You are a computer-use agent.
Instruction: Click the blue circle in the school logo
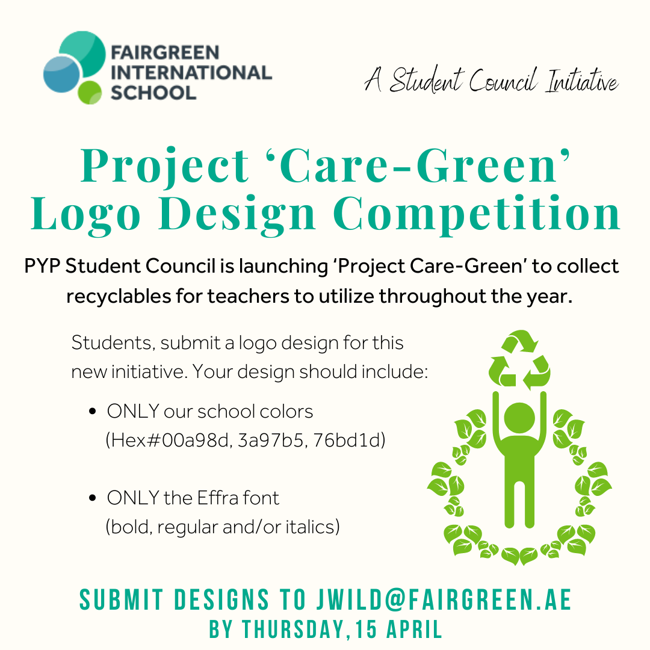click(61, 74)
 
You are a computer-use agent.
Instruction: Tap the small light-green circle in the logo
click(90, 93)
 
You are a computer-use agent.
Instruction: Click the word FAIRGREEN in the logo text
click(164, 52)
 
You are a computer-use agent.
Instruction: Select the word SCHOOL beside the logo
click(153, 93)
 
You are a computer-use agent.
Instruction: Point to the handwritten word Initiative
click(581, 81)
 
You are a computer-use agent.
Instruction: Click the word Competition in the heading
click(477, 214)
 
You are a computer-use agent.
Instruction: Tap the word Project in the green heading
click(164, 166)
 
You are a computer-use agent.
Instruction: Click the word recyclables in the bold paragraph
click(119, 297)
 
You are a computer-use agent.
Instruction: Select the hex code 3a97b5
click(271, 440)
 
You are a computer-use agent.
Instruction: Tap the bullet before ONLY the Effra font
click(93, 498)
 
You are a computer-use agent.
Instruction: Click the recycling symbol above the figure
click(519, 361)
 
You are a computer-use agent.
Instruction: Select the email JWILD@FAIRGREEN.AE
click(444, 599)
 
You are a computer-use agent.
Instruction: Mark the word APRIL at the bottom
click(415, 630)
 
